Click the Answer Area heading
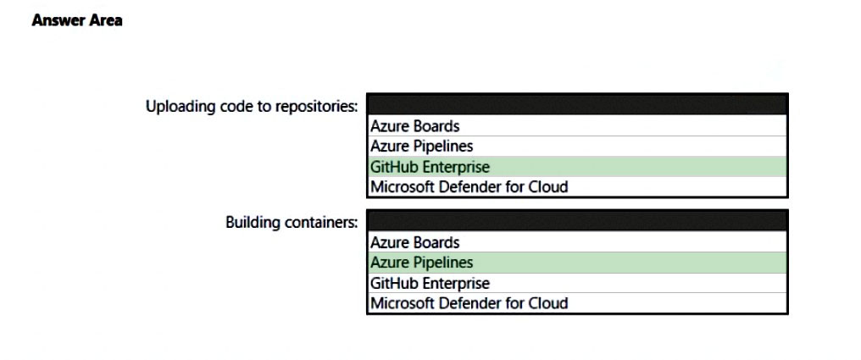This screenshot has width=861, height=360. tap(77, 20)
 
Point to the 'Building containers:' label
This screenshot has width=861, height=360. tap(292, 223)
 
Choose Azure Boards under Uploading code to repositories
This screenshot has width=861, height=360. tap(414, 126)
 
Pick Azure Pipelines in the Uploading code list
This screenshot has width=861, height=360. tap(421, 147)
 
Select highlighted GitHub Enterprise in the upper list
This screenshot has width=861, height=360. tap(430, 166)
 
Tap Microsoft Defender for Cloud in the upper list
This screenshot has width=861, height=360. tap(469, 186)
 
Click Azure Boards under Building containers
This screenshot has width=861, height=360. tap(414, 242)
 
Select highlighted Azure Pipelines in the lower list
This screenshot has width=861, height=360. tap(421, 263)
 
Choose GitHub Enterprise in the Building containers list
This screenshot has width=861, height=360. tap(430, 283)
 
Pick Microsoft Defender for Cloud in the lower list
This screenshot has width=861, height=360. tap(469, 303)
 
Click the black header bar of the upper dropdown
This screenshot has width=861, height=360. tap(577, 104)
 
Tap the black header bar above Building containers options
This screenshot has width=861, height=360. tap(577, 220)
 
